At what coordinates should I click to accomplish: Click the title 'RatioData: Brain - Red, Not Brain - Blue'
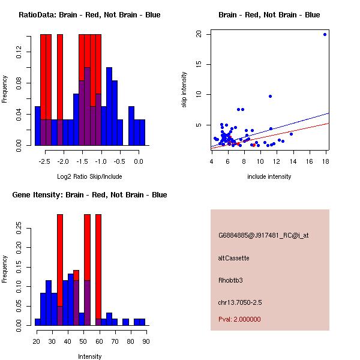coord(89,15)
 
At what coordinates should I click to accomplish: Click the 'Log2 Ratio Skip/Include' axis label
coord(89,176)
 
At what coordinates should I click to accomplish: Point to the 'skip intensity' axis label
coord(184,90)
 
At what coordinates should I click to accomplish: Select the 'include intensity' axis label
coord(269,176)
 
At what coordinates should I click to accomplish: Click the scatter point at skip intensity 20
coord(325,34)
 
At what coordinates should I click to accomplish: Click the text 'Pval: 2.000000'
coord(239,319)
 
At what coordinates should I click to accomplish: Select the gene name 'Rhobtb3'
coord(231,280)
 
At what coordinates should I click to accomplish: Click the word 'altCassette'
coord(233,258)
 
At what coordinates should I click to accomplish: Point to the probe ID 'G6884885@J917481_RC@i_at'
coord(263,236)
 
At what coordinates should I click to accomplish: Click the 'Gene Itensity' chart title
coord(89,195)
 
